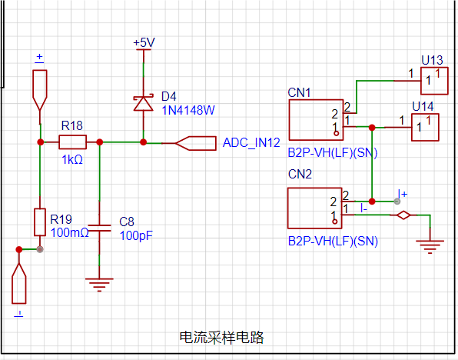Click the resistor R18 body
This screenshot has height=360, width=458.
[x=72, y=142]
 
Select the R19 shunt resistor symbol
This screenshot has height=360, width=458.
[x=40, y=222]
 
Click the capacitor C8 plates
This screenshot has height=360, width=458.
[x=99, y=228]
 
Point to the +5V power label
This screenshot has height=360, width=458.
[x=144, y=43]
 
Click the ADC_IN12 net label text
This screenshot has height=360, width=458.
[x=251, y=143]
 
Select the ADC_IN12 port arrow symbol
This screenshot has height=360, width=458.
[x=196, y=143]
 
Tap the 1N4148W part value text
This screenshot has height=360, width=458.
[x=188, y=110]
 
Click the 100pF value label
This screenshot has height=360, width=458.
[x=136, y=235]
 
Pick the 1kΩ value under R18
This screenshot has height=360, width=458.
[x=72, y=160]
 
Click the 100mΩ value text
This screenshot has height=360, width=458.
[x=69, y=233]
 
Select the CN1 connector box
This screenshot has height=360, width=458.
[x=316, y=120]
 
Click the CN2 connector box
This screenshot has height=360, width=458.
[x=315, y=208]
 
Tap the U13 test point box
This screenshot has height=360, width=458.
[x=434, y=81]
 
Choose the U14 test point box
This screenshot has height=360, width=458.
[x=425, y=128]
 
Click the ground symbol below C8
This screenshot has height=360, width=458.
[x=99, y=285]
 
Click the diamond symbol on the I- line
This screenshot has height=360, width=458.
[x=403, y=215]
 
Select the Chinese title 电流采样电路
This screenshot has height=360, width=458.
[x=221, y=337]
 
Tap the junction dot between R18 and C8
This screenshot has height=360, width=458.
[x=100, y=142]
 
